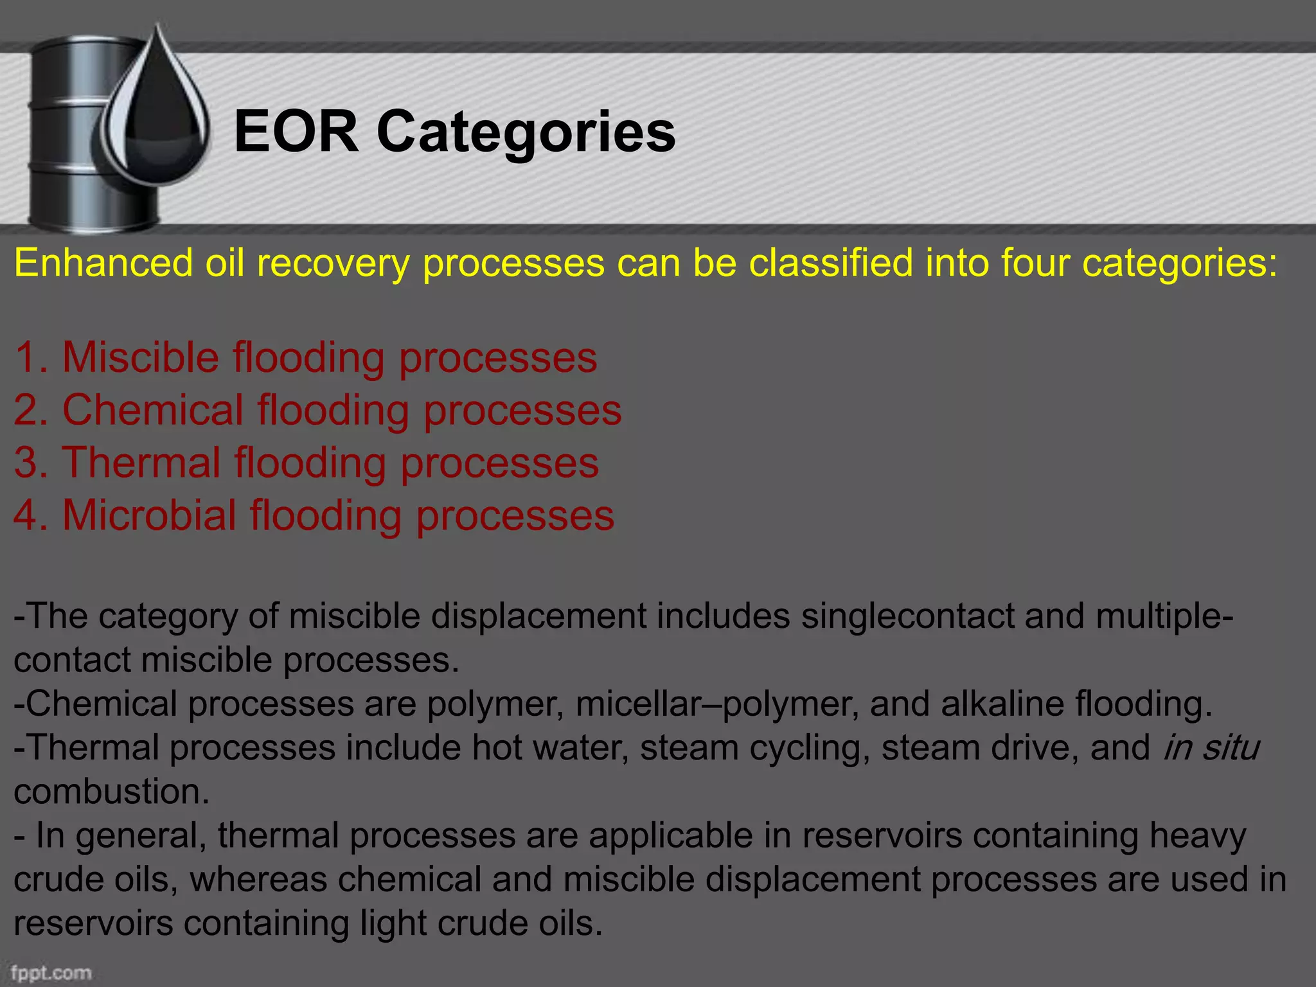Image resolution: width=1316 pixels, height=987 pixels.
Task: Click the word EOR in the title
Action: click(x=296, y=132)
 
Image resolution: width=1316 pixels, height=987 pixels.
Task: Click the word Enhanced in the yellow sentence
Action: click(x=103, y=263)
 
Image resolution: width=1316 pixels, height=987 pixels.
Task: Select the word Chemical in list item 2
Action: click(x=152, y=410)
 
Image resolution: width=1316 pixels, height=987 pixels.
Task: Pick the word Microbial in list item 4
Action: click(x=149, y=515)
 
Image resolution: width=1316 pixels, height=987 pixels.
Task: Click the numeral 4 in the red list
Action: click(x=26, y=515)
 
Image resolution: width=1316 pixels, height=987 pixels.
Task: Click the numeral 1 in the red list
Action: click(x=26, y=357)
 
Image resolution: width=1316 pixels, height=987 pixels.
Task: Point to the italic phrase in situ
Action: click(x=1211, y=747)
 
